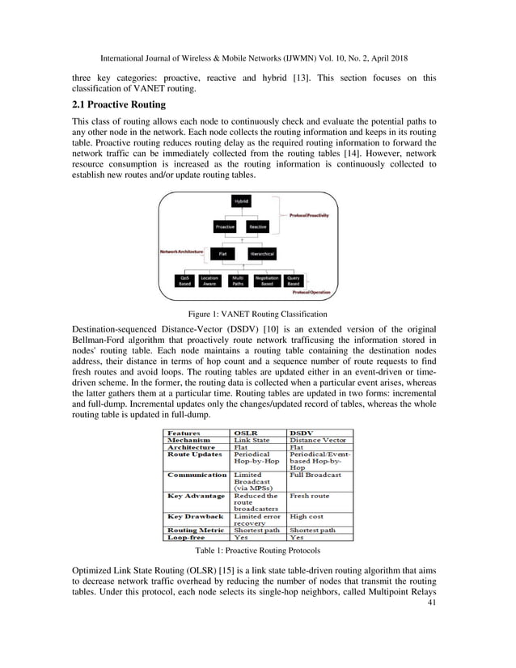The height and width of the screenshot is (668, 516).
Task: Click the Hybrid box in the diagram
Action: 241,201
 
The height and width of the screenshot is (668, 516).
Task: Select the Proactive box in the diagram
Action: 225,227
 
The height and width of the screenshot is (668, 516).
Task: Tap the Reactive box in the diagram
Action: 257,227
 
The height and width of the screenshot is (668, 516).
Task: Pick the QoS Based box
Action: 186,281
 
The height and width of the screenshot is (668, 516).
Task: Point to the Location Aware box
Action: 209,281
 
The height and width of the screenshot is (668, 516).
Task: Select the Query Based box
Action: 294,281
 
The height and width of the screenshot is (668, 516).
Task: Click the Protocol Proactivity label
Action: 309,216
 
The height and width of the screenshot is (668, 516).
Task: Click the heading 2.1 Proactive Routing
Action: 118,104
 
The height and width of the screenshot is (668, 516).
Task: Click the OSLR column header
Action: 246,433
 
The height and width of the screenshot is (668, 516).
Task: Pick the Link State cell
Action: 252,440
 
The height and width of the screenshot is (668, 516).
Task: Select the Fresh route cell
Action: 309,495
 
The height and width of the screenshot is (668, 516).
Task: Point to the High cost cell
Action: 306,515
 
